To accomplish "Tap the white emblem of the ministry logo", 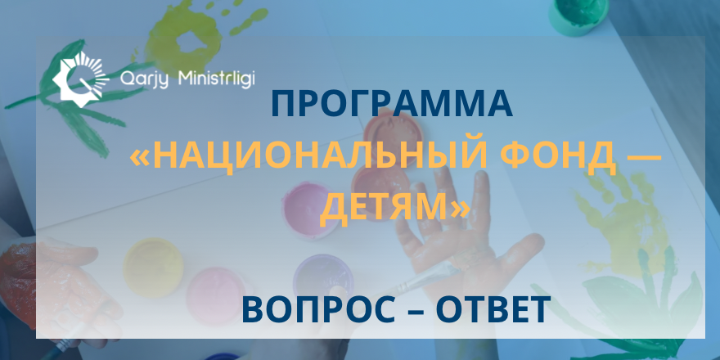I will (79, 77).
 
